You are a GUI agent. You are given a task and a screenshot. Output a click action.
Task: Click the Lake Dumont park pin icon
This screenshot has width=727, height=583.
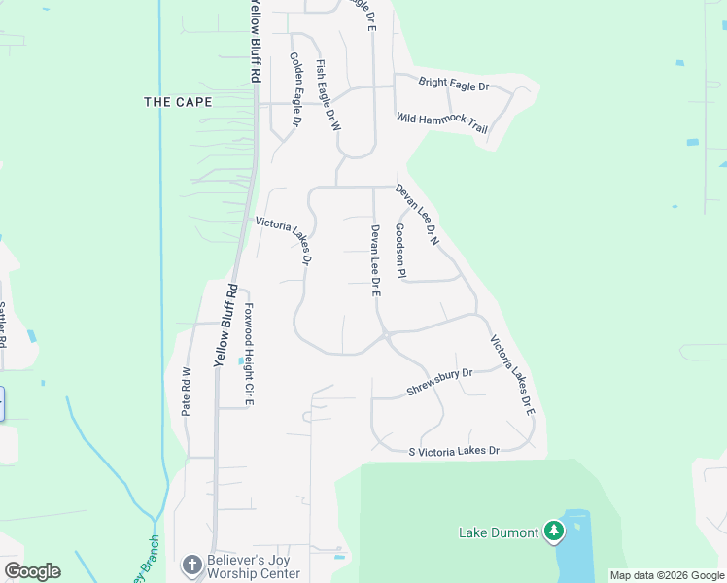pyautogui.click(x=554, y=531)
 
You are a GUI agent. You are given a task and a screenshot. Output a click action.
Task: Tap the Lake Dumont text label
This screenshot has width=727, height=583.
pyautogui.click(x=500, y=532)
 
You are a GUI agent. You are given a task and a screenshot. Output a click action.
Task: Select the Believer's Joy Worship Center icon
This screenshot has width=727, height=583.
pyautogui.click(x=193, y=565)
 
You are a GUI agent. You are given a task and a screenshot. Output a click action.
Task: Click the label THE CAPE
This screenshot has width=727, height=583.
pyautogui.click(x=172, y=101)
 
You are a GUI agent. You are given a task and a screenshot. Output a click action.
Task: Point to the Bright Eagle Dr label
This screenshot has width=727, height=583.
pyautogui.click(x=453, y=85)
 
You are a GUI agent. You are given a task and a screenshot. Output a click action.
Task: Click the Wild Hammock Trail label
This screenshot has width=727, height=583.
pyautogui.click(x=442, y=123)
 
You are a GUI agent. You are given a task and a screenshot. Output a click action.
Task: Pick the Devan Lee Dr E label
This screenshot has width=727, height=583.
pyautogui.click(x=374, y=259)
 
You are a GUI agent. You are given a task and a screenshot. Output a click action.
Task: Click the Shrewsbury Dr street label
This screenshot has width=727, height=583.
pyautogui.click(x=438, y=382)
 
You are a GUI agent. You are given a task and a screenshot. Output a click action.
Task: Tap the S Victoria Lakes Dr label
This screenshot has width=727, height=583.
pyautogui.click(x=454, y=451)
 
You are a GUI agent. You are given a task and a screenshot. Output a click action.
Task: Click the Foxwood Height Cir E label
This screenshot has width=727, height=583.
pyautogui.click(x=249, y=353)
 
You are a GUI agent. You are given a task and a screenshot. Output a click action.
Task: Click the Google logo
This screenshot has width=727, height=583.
pyautogui.click(x=32, y=571)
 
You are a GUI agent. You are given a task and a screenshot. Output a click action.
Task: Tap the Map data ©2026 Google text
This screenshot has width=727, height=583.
pyautogui.click(x=667, y=575)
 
